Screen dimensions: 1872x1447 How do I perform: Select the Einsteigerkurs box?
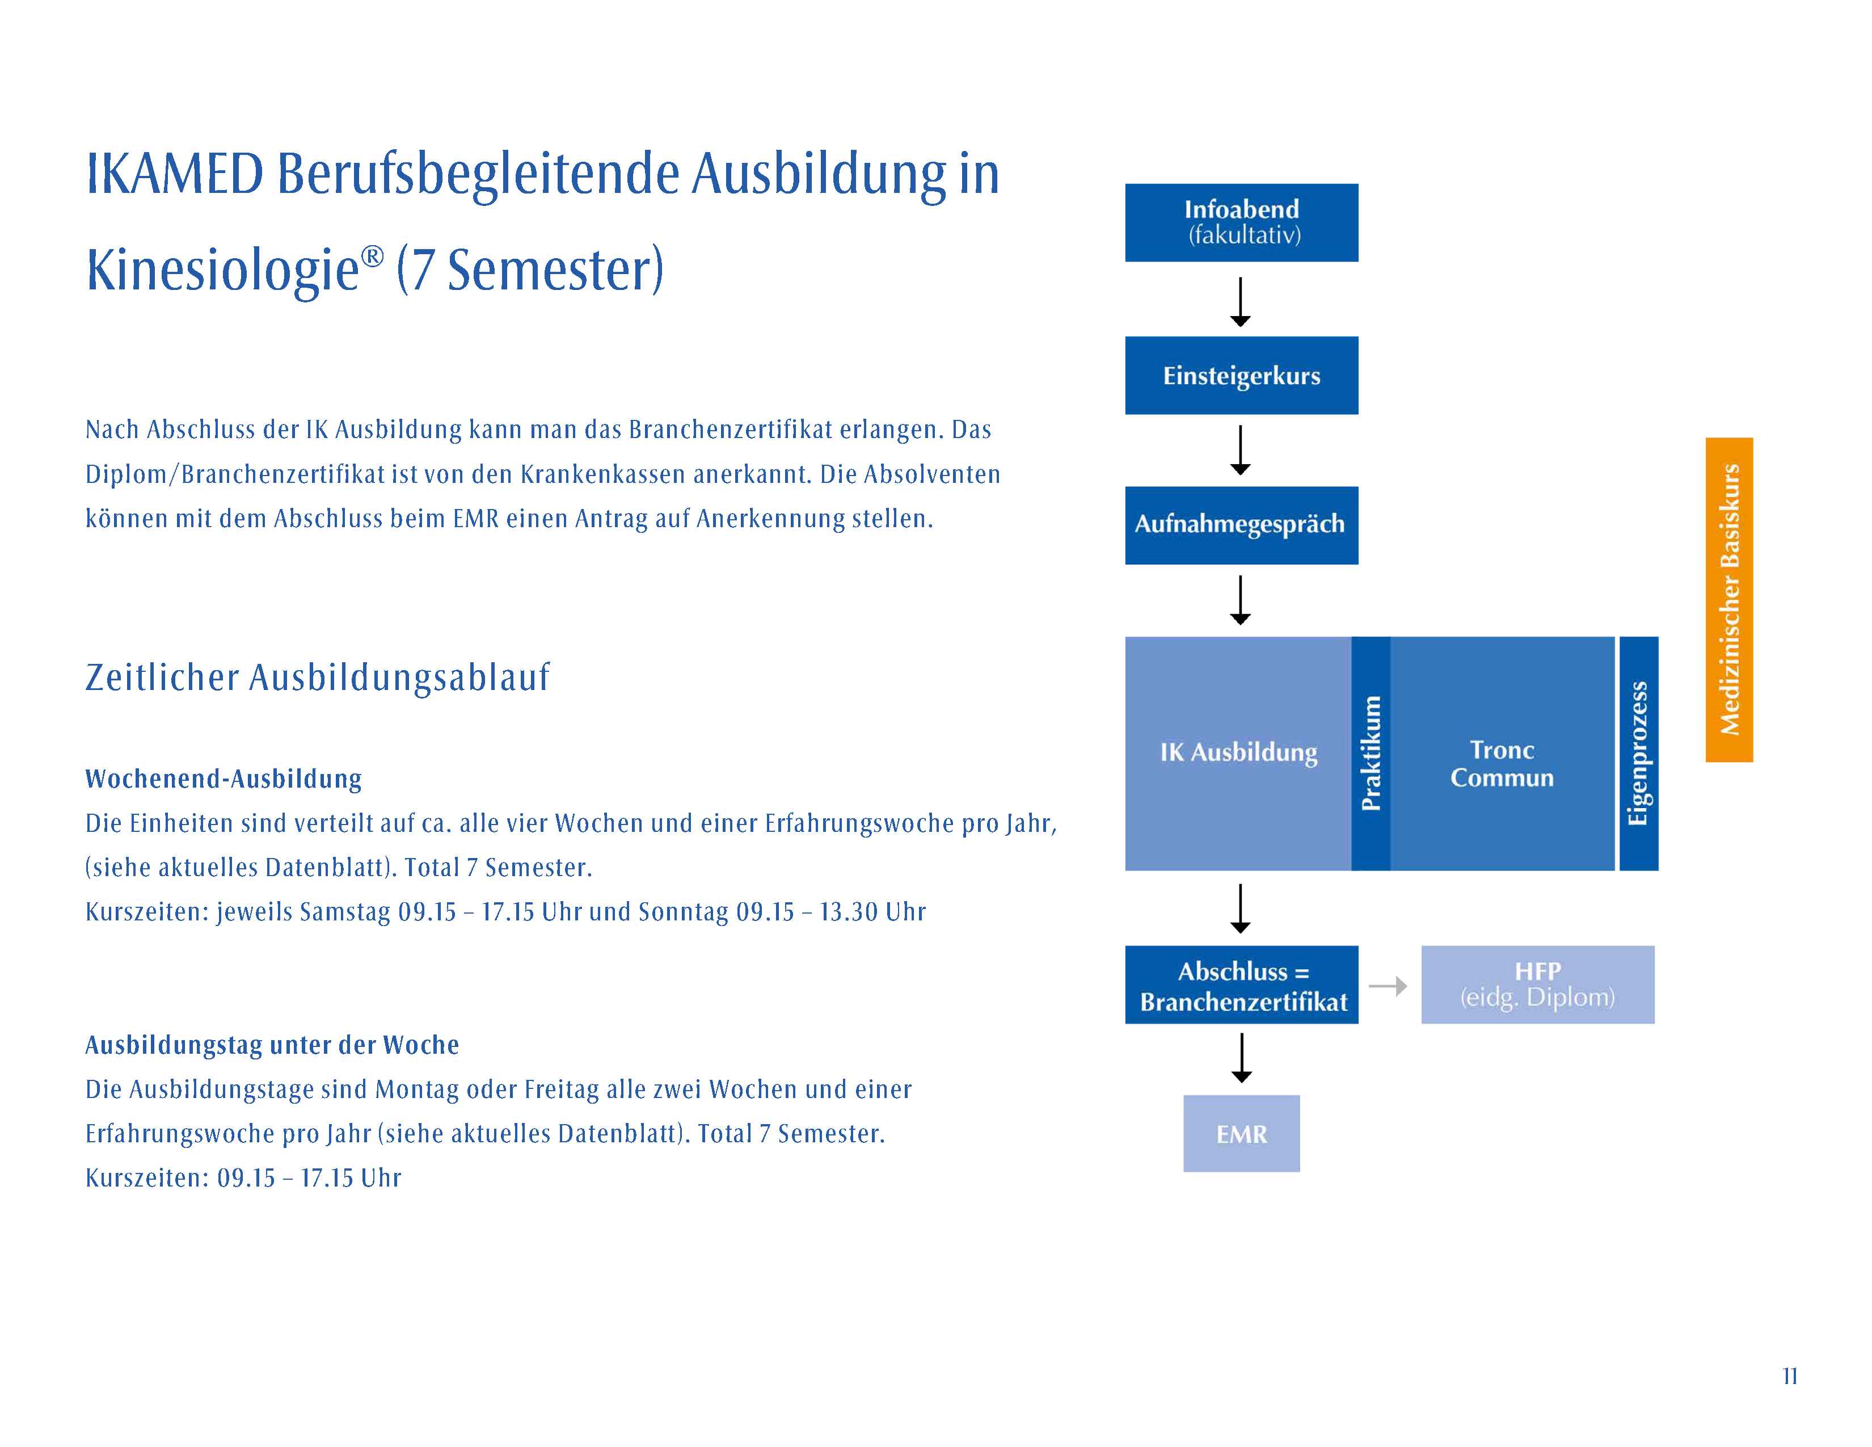1241,376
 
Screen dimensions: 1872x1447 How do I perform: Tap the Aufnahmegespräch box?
1241,525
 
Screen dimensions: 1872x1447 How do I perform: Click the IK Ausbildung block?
1238,754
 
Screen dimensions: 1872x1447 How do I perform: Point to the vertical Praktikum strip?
1371,754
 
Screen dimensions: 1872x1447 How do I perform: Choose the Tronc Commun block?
1502,754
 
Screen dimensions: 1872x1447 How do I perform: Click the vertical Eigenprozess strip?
1639,754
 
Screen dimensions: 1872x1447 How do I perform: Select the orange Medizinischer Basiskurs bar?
1729,599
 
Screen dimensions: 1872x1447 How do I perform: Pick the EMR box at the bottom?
1241,1133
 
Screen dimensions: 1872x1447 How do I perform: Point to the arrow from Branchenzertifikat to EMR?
1241,1058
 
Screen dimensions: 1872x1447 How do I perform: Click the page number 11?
1790,1376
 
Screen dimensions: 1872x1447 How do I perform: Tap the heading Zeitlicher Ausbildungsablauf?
317,677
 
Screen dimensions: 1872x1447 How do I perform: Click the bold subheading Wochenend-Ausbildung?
223,779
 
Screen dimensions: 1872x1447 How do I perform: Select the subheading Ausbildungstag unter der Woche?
272,1045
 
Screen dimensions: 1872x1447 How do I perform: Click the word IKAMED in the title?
175,174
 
